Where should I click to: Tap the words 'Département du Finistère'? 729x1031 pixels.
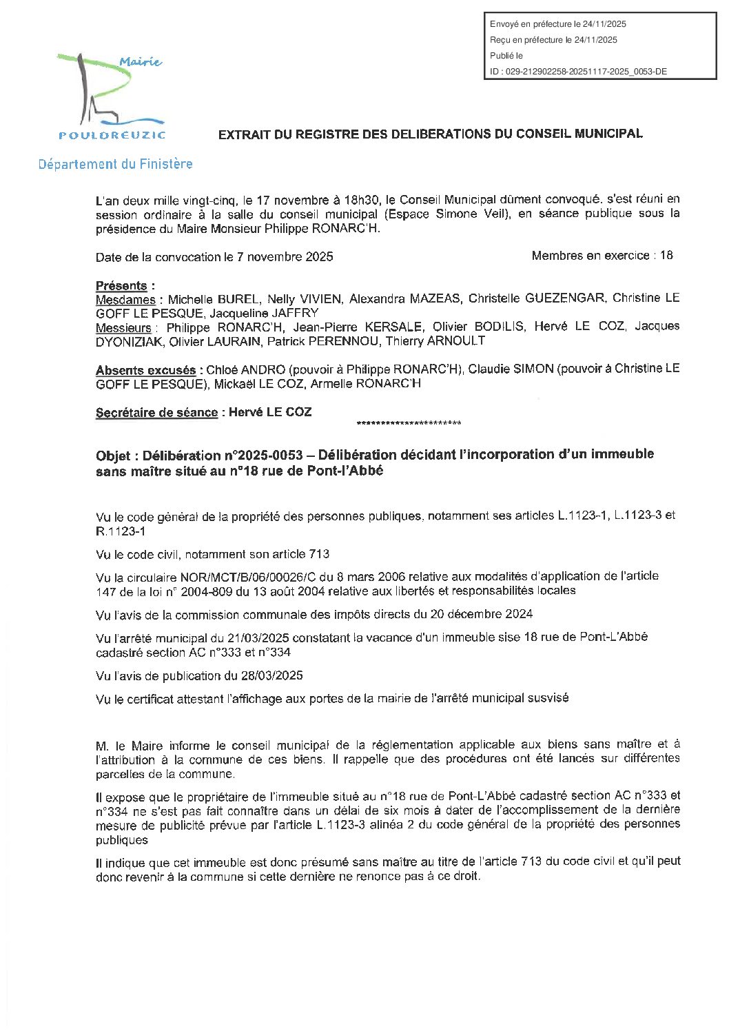[115, 164]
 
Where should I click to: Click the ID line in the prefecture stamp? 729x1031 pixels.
[578, 72]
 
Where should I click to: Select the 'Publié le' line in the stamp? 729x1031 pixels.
[506, 56]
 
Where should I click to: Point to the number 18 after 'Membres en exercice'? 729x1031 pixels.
[666, 256]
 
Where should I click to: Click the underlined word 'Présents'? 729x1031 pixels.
[121, 285]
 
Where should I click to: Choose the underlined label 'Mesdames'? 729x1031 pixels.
[125, 300]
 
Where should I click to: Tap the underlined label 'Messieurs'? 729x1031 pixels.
[123, 328]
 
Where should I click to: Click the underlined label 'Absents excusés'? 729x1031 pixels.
[145, 371]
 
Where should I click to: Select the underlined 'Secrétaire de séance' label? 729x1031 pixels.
[156, 413]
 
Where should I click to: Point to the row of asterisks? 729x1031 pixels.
[409, 423]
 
